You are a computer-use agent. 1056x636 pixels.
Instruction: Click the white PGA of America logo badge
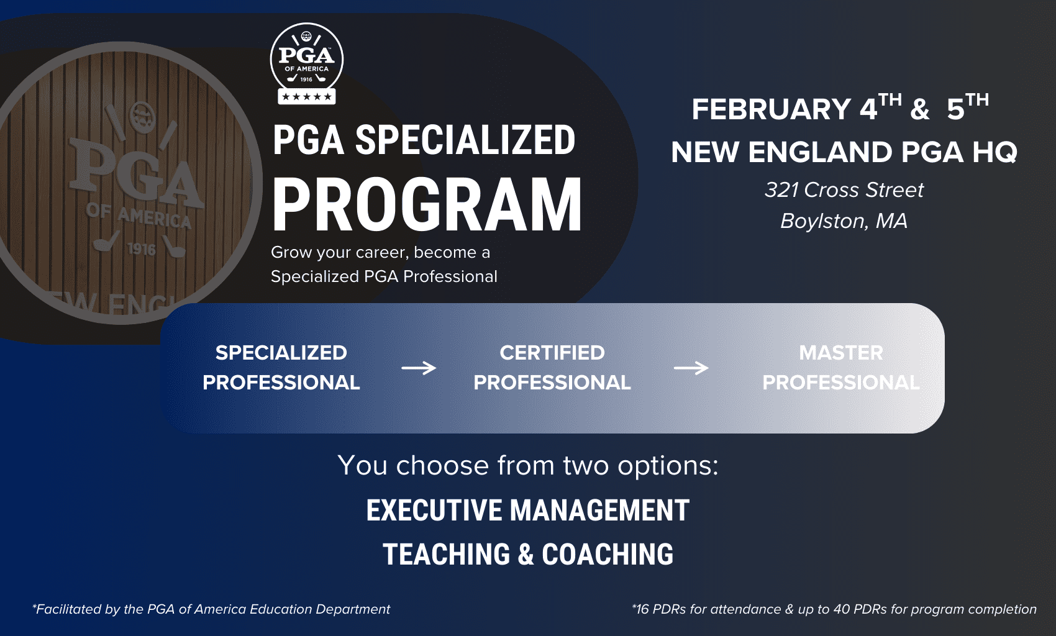tap(306, 63)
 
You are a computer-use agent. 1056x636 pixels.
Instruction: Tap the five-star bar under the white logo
tap(306, 97)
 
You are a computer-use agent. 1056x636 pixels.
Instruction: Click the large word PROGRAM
tap(427, 204)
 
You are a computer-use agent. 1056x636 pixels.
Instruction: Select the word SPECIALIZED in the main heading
tap(465, 140)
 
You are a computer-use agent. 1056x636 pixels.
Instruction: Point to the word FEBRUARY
tap(772, 109)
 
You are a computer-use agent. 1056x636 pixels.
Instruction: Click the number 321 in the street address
tap(781, 190)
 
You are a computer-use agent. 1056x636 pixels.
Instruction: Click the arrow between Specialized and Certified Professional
tap(419, 368)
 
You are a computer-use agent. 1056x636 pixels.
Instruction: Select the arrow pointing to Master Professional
tap(691, 368)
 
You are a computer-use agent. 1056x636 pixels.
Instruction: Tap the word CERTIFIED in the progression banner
tap(552, 353)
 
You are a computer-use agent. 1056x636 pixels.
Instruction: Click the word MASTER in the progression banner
tap(841, 353)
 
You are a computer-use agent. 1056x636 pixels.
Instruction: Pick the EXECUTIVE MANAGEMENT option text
tap(528, 510)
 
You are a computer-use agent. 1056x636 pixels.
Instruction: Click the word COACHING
tap(608, 554)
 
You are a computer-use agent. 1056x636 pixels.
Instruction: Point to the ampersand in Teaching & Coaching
tap(526, 554)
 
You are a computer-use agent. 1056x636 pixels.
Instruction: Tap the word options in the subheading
tap(668, 466)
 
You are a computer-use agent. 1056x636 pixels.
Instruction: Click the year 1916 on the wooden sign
tap(142, 248)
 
